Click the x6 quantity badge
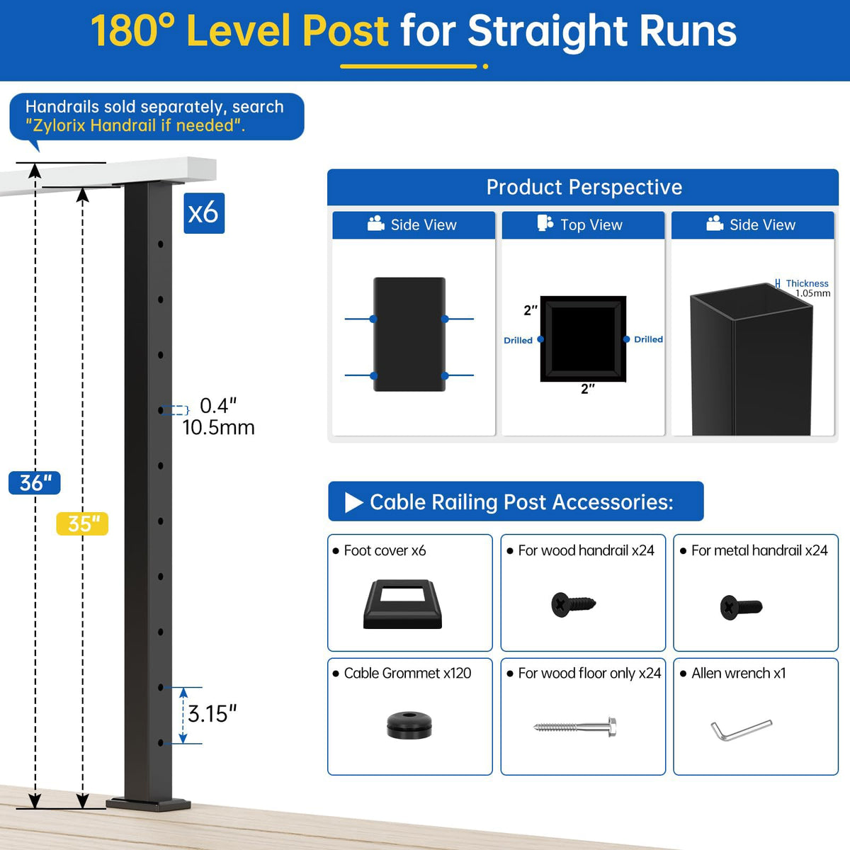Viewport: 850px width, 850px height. coord(204,213)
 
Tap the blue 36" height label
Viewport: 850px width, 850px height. coord(35,482)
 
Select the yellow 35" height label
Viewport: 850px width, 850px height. coord(82,523)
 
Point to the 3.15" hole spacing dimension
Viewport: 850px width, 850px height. coord(212,714)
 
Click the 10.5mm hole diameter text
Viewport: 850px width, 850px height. coord(218,427)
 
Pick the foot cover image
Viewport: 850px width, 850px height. coord(402,604)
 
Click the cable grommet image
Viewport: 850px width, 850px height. coord(409,725)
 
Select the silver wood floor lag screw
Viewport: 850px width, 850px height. coord(574,727)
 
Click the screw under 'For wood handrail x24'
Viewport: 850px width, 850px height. coord(573,604)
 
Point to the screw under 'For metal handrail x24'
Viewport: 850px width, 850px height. coord(741,607)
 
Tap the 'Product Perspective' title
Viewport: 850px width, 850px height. coord(584,187)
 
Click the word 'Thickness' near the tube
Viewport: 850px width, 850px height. coord(807,283)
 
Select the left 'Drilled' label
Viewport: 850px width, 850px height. coord(518,340)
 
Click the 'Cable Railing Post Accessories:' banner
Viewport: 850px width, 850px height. coord(516,501)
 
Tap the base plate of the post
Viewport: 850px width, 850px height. coord(148,805)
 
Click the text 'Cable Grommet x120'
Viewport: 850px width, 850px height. coord(407,673)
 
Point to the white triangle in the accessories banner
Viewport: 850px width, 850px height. coord(353,502)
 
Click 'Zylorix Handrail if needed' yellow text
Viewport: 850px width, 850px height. coord(135,125)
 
